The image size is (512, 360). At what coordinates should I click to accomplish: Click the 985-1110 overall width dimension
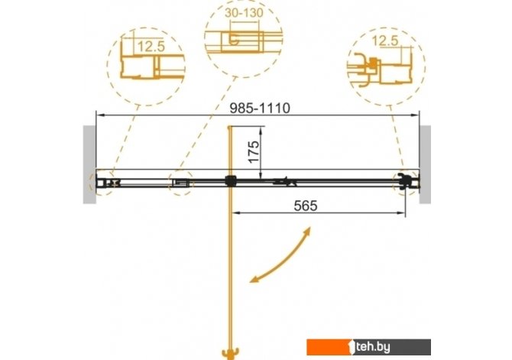tap(260, 108)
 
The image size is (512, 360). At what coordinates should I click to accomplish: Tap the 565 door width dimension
tap(306, 206)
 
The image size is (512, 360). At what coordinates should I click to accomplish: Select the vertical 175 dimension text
tap(254, 151)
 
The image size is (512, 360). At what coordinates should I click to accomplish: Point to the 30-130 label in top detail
tap(244, 13)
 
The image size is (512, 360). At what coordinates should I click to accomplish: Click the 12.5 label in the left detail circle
tap(151, 47)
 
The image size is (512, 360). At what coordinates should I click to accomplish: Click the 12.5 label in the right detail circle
tap(385, 41)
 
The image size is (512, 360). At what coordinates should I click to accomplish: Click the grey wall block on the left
tap(89, 164)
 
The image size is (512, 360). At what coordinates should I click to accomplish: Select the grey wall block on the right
tap(425, 164)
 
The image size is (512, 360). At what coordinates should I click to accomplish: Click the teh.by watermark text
tap(373, 347)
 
